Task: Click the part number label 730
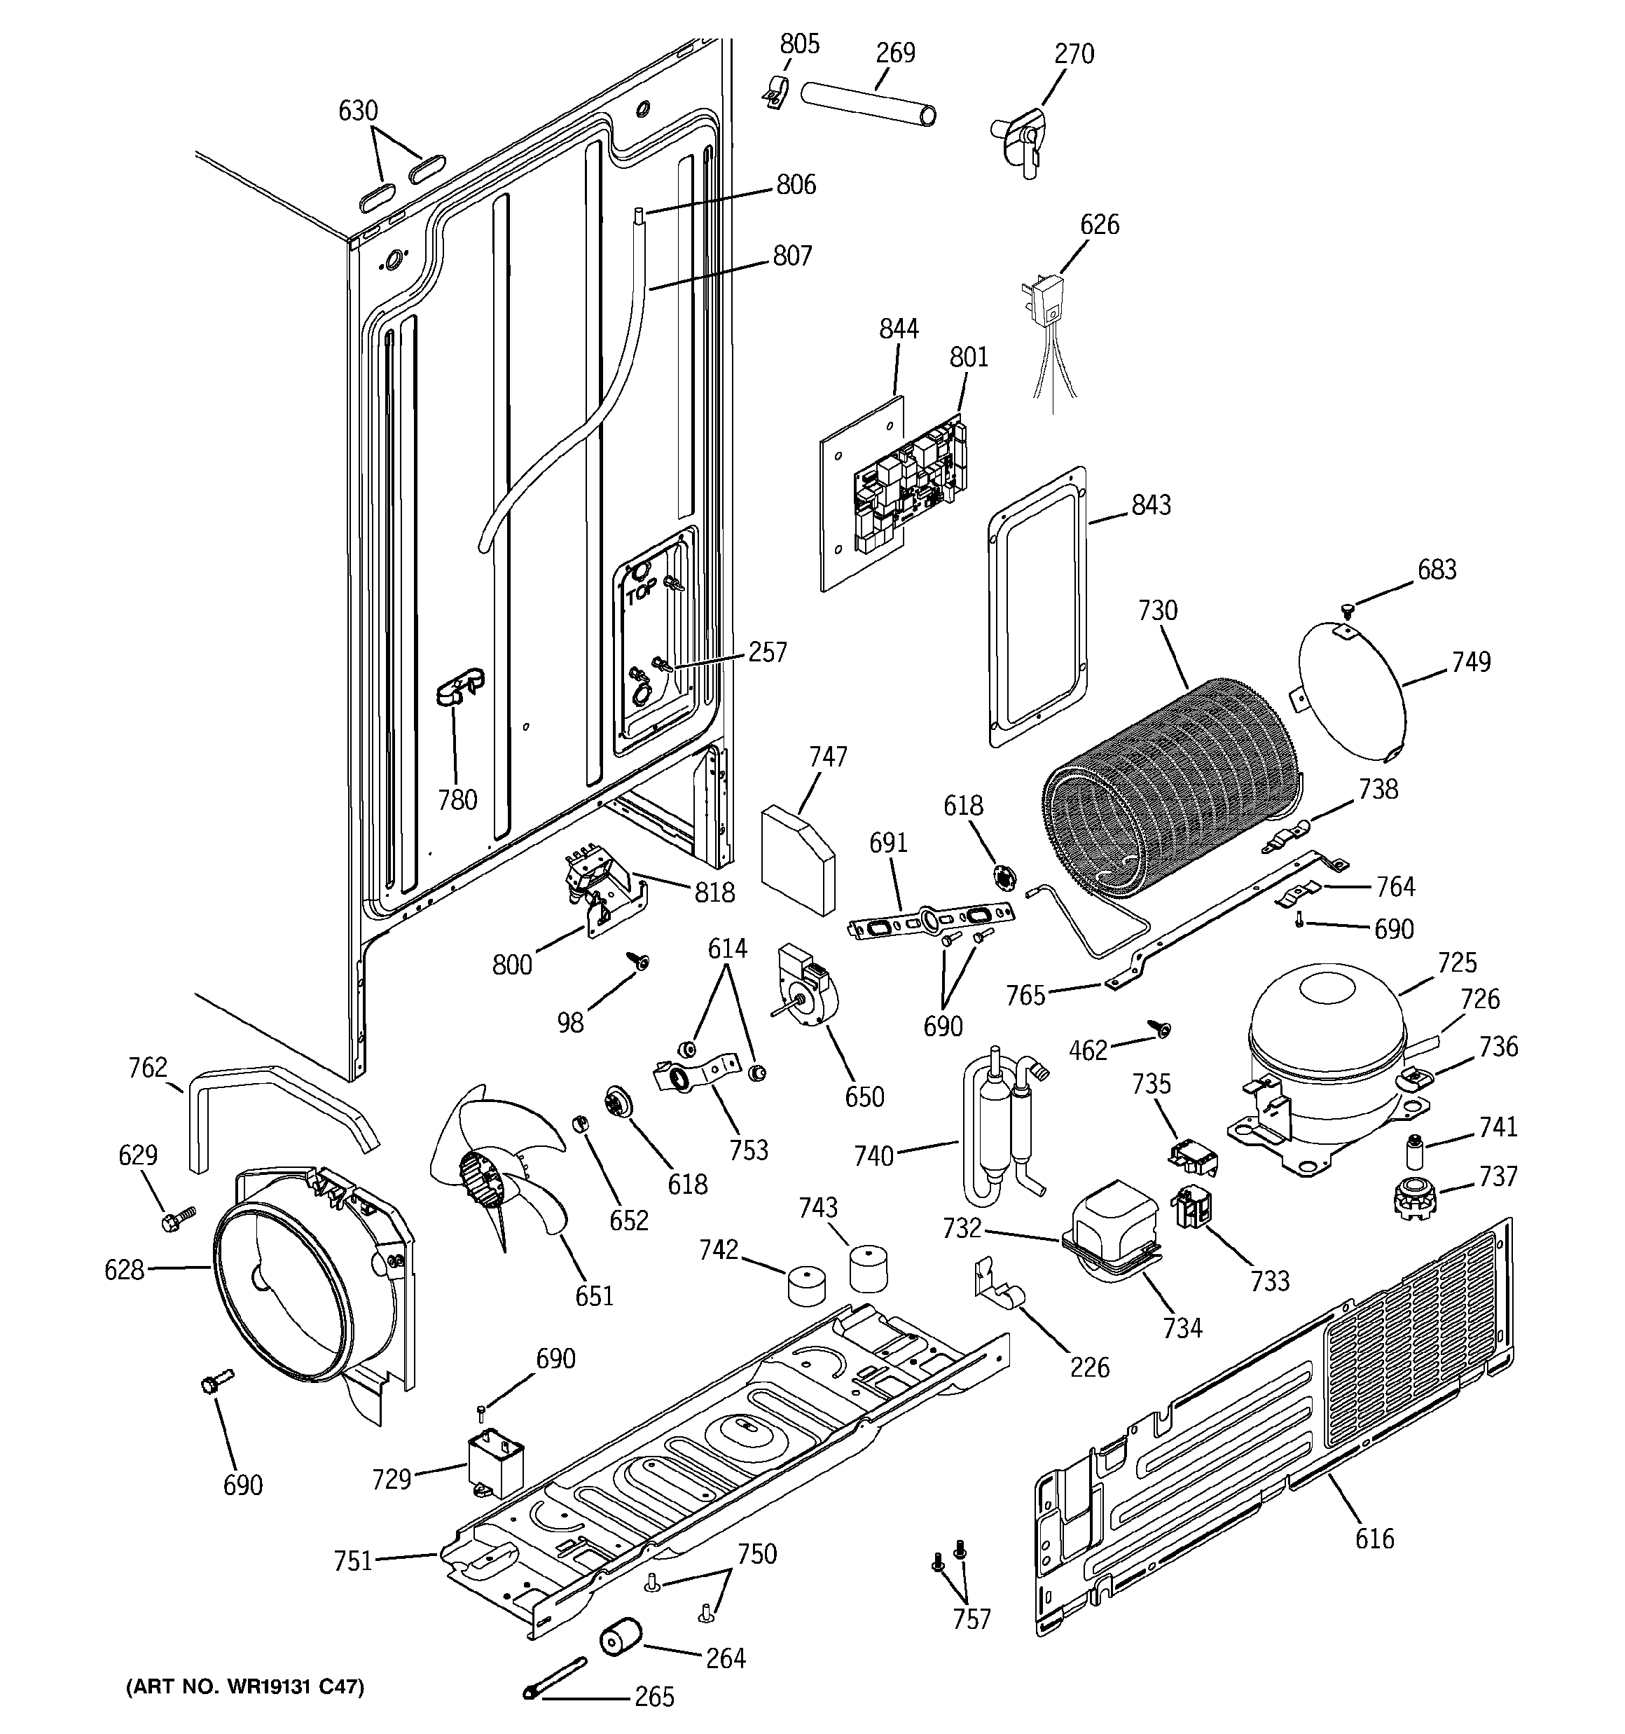tap(1158, 610)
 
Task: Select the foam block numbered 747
tap(797, 858)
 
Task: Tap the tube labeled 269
tap(869, 103)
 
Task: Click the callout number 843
tap(1151, 505)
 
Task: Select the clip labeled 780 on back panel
tap(459, 687)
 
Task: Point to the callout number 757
tap(971, 1620)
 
